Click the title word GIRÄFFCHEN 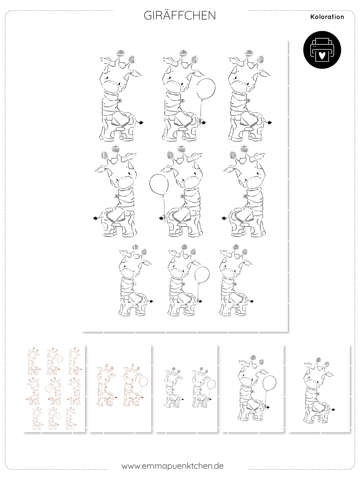point(180,16)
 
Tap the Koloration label point(327,17)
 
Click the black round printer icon point(322,49)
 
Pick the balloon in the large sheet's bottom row point(202,275)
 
